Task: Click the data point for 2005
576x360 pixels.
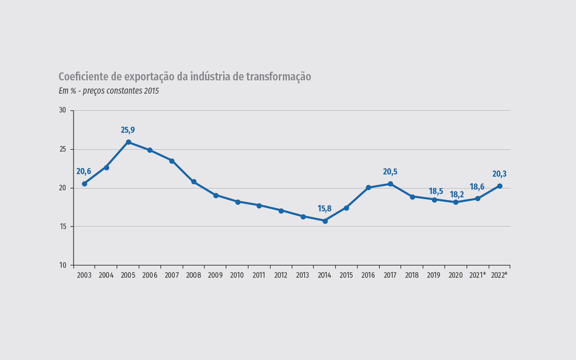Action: [x=128, y=142]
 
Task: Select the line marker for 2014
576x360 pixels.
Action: [x=325, y=221]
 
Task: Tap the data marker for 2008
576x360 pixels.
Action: [x=194, y=182]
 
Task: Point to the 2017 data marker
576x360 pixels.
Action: [x=391, y=184]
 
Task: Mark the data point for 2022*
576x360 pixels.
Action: [x=500, y=186]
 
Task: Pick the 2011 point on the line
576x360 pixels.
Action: [x=259, y=205]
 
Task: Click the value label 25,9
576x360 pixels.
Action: [x=128, y=130]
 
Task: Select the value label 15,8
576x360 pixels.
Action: [x=325, y=209]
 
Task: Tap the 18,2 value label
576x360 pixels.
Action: [x=457, y=195]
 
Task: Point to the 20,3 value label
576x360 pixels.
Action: [x=499, y=174]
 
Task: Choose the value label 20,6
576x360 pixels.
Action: [x=84, y=172]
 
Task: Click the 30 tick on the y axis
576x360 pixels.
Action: [x=62, y=110]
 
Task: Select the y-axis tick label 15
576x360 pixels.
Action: [x=62, y=226]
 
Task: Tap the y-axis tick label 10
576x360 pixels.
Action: [x=62, y=265]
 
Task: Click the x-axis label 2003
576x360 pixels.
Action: [x=84, y=275]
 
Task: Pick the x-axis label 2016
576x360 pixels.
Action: [x=368, y=275]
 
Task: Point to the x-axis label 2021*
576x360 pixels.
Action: [x=478, y=275]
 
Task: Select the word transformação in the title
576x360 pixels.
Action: [x=278, y=77]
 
